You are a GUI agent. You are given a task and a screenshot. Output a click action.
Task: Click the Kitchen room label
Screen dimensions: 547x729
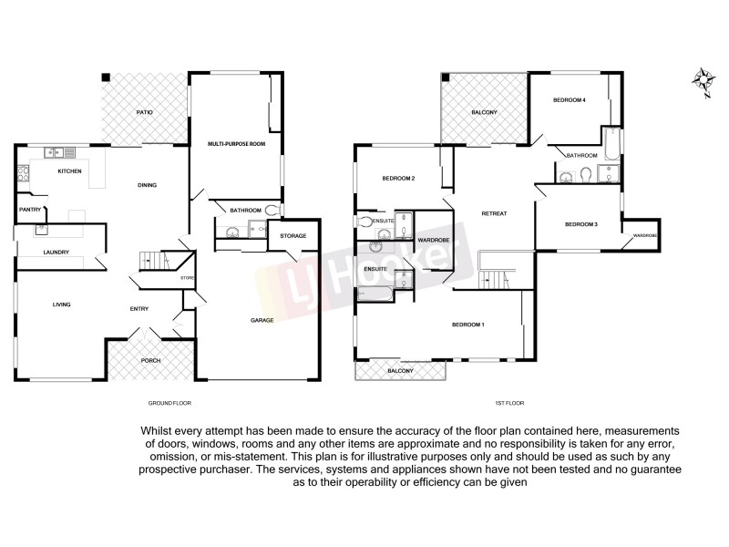(x=70, y=171)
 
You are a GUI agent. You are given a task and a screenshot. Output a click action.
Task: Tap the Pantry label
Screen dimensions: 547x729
(x=29, y=210)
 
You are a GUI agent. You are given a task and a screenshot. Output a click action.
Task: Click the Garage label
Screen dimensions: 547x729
(x=264, y=320)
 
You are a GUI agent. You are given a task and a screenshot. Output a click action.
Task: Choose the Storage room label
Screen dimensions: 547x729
(x=293, y=236)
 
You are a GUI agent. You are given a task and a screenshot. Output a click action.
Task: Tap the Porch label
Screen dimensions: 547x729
(x=150, y=360)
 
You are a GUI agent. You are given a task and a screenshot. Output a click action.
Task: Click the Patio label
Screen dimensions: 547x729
(x=144, y=112)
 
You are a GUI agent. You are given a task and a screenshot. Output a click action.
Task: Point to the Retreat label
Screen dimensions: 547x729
(x=494, y=213)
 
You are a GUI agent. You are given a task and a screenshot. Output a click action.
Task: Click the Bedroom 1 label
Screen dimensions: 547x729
(x=468, y=325)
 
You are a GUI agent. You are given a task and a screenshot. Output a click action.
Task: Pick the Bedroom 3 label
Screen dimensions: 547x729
(x=581, y=224)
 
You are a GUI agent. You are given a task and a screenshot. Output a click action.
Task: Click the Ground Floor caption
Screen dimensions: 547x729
(x=169, y=402)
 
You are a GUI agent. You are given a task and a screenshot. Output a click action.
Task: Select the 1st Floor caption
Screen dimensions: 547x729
(x=509, y=402)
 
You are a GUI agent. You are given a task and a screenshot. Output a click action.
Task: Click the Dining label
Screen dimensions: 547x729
(x=147, y=185)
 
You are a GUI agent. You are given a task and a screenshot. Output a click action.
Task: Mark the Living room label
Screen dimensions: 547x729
(x=62, y=304)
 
